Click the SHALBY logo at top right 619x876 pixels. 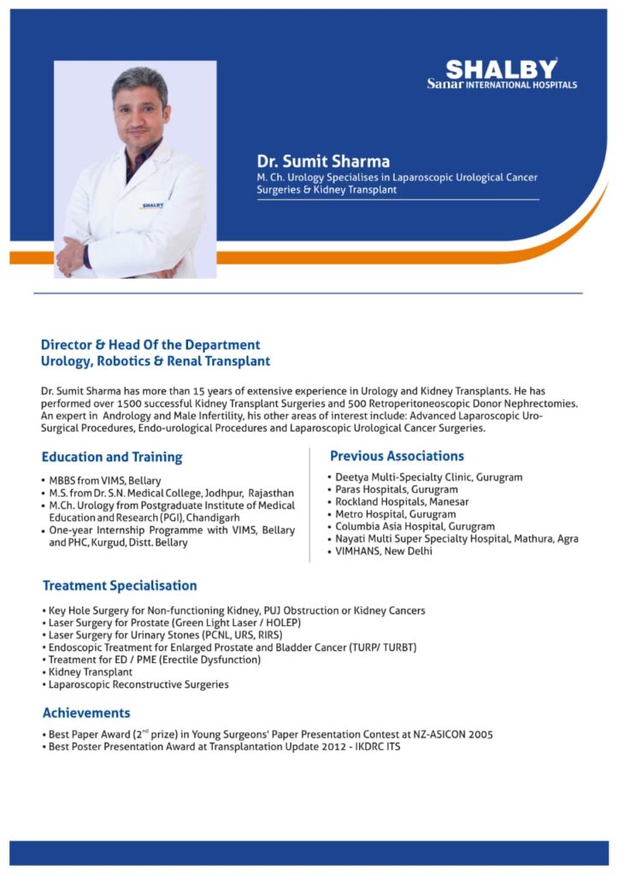[x=502, y=73]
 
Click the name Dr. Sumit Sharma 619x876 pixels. [x=323, y=161]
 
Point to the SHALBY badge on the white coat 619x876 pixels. [x=152, y=205]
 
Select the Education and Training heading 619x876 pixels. [x=111, y=458]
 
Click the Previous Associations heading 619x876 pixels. [x=397, y=456]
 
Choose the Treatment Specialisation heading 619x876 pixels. [x=120, y=586]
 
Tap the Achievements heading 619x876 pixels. [x=86, y=713]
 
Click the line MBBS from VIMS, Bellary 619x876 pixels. [x=105, y=481]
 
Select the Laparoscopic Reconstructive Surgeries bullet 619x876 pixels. [x=139, y=684]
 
